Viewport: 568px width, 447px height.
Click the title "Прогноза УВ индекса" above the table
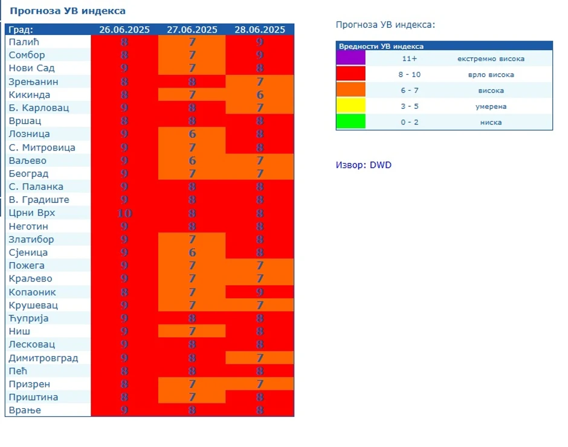pos(68,11)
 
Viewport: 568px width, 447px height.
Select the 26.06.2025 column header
pos(124,30)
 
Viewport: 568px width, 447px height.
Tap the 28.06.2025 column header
pos(260,30)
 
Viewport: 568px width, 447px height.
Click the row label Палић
pos(24,42)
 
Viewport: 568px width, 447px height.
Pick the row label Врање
pos(25,411)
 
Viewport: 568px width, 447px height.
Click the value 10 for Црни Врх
pos(124,213)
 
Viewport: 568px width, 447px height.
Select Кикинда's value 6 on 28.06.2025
pos(260,95)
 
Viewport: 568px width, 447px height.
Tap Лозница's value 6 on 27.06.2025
pos(192,134)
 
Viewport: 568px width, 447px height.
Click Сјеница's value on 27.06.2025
pos(192,252)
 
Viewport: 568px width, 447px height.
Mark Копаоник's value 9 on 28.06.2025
pos(260,292)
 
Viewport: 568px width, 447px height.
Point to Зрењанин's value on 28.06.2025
pos(260,82)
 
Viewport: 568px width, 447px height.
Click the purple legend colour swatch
pos(351,58)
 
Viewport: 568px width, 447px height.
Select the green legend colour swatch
pos(351,121)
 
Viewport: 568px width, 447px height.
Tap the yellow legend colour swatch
pos(351,106)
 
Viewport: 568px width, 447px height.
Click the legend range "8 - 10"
pos(410,74)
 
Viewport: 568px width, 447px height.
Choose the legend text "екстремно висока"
pos(491,59)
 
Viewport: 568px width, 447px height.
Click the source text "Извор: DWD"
pos(364,165)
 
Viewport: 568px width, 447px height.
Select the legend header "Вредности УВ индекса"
pos(381,46)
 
